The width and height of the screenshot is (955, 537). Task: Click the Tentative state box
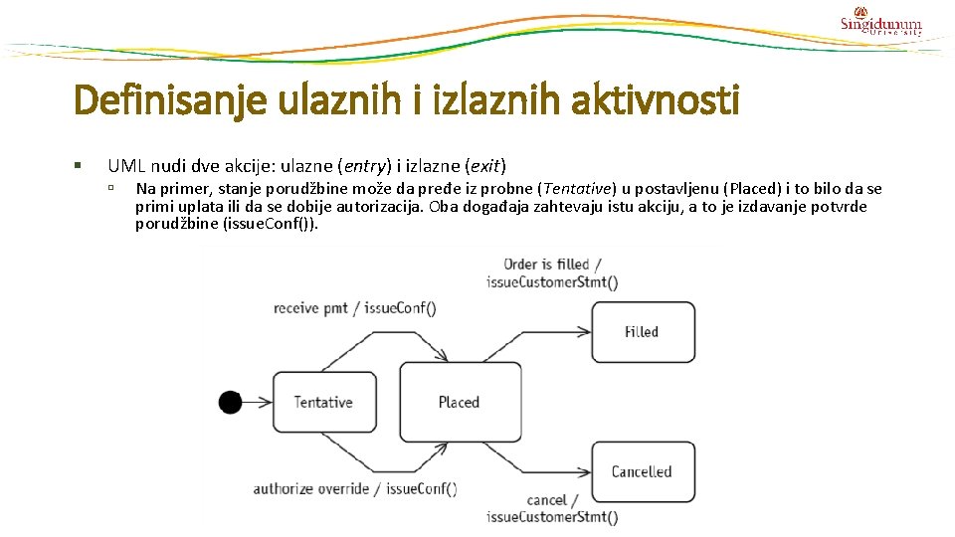pyautogui.click(x=323, y=402)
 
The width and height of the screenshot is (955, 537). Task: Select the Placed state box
pyautogui.click(x=459, y=402)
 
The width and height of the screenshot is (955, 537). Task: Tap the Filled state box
pyautogui.click(x=642, y=331)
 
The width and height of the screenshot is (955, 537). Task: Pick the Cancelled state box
pyautogui.click(x=642, y=471)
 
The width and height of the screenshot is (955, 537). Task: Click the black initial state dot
pyautogui.click(x=230, y=402)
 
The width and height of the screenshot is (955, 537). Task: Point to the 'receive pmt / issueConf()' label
pyautogui.click(x=354, y=308)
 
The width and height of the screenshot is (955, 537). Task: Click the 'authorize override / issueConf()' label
pyautogui.click(x=354, y=488)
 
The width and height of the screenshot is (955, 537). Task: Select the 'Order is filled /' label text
pyautogui.click(x=546, y=264)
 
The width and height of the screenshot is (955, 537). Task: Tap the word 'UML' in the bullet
pyautogui.click(x=126, y=165)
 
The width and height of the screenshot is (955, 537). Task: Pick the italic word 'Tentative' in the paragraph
pyautogui.click(x=574, y=189)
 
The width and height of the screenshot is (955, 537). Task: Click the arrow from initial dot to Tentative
pyautogui.click(x=256, y=402)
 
